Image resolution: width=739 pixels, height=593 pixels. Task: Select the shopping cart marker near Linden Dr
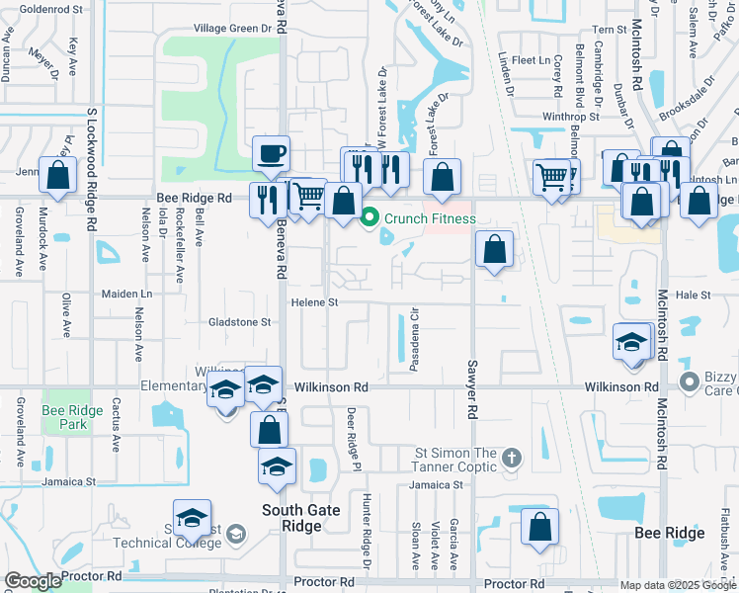click(553, 178)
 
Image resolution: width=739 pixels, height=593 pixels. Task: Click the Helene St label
click(314, 302)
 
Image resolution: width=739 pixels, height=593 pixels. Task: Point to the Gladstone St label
click(239, 322)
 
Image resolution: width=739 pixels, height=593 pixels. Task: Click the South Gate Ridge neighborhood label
click(301, 518)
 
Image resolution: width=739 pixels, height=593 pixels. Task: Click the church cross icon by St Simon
click(511, 457)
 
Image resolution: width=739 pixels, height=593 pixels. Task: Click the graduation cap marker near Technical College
click(193, 519)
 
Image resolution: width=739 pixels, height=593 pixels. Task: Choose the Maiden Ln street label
click(127, 295)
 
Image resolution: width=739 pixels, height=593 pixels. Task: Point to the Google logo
click(34, 581)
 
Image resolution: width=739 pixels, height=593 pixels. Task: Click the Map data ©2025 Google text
click(677, 585)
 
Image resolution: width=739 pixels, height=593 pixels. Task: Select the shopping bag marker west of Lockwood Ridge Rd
click(58, 177)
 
